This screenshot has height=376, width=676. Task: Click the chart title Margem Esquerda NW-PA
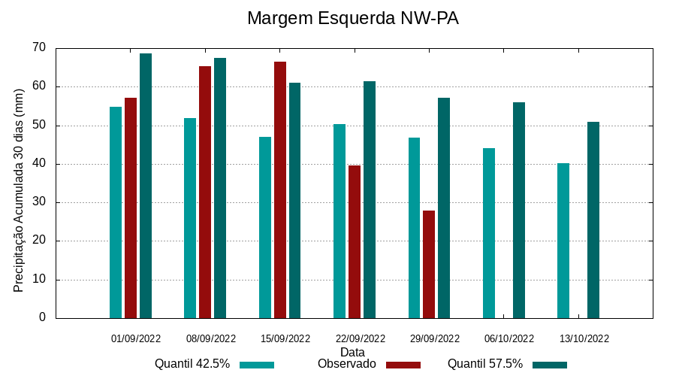[x=352, y=18]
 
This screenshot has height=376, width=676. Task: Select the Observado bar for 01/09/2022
[x=131, y=208]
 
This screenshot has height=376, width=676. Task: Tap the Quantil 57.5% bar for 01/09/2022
[x=146, y=186]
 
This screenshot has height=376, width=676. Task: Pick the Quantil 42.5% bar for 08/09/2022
[x=190, y=218]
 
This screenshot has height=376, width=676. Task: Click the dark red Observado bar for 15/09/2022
[x=280, y=190]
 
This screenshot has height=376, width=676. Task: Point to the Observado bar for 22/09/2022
[x=355, y=241]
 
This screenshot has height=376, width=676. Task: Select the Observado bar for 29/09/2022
[x=429, y=264]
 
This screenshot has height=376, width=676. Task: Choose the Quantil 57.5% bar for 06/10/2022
[x=519, y=210]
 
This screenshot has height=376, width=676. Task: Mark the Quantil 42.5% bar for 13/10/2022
[x=563, y=241]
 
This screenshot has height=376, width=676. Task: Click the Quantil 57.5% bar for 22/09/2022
[x=370, y=199]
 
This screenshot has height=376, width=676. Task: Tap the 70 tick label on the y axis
[x=39, y=48]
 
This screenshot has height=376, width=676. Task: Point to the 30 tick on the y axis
[x=39, y=202]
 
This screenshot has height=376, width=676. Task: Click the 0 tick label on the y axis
[x=42, y=318]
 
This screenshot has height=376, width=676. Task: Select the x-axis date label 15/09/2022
[x=285, y=338]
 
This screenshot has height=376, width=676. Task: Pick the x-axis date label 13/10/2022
[x=584, y=338]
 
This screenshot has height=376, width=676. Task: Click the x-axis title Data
[x=352, y=352]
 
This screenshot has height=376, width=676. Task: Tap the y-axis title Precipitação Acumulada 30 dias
[x=20, y=190]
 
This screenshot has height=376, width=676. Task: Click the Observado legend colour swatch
[x=403, y=365]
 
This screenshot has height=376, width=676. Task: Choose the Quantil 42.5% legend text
[x=192, y=364]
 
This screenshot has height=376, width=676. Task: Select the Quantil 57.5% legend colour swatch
[x=550, y=365]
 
